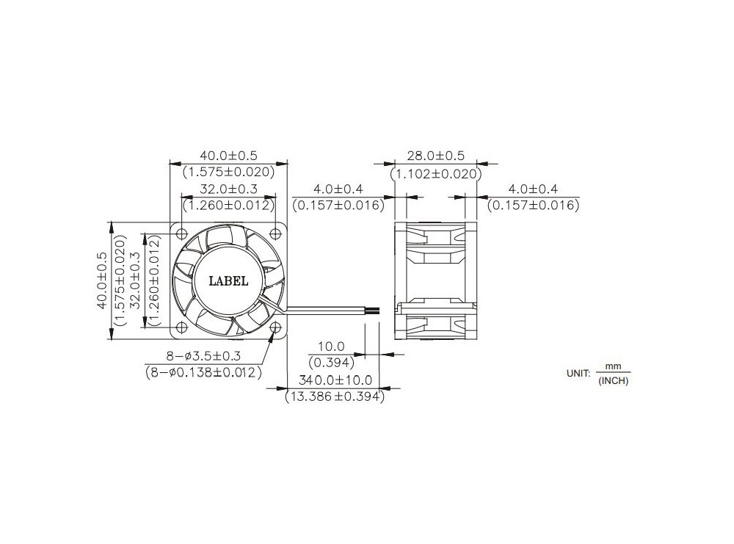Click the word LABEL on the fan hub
(228, 280)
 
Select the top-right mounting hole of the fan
(275, 233)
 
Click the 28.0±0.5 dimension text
(435, 156)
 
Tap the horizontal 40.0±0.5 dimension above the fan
(228, 156)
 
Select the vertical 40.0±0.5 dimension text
(102, 280)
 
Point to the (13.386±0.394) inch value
(334, 396)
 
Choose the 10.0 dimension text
(332, 346)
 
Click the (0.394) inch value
(332, 362)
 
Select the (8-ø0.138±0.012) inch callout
(203, 372)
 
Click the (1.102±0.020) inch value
(435, 173)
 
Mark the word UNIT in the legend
(578, 373)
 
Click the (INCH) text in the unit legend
(614, 380)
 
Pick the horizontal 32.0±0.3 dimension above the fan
(228, 189)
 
